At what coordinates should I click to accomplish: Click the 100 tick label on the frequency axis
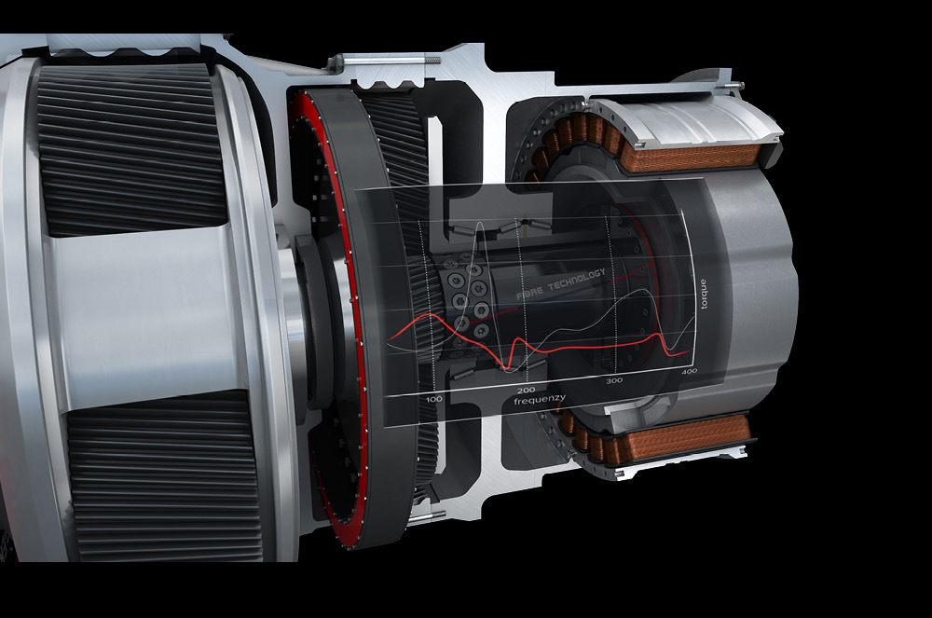tap(433, 399)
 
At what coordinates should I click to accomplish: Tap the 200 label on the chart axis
tap(525, 390)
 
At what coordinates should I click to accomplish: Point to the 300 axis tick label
tap(613, 381)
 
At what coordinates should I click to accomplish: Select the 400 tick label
tap(689, 372)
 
